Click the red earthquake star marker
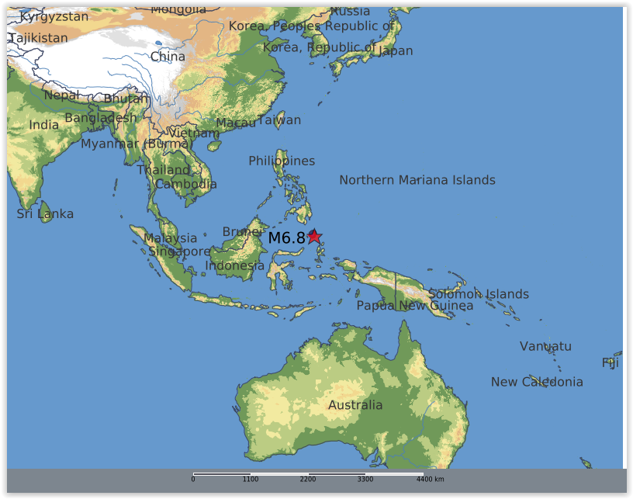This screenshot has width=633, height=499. (314, 237)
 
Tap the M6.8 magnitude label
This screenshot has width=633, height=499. (286, 237)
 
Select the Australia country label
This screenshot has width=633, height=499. (355, 405)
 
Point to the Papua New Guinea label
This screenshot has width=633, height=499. (414, 306)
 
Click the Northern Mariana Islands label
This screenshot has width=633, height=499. (417, 180)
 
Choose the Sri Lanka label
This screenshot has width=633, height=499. (45, 214)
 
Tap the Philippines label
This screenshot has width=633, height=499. (282, 161)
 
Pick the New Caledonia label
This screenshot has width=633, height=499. (537, 382)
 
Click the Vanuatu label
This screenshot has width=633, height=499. (545, 346)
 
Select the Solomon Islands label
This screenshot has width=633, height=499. (479, 294)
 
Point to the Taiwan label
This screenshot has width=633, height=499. (278, 120)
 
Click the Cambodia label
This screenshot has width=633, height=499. (185, 185)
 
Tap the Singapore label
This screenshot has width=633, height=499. (179, 251)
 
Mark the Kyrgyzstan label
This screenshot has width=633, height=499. (54, 16)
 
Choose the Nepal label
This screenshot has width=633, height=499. (61, 95)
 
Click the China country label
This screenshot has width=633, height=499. (168, 57)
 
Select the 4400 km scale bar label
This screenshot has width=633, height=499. (435, 480)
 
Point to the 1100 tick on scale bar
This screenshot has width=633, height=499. (250, 480)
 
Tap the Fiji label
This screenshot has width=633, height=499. (611, 362)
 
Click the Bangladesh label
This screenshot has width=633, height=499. (100, 118)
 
